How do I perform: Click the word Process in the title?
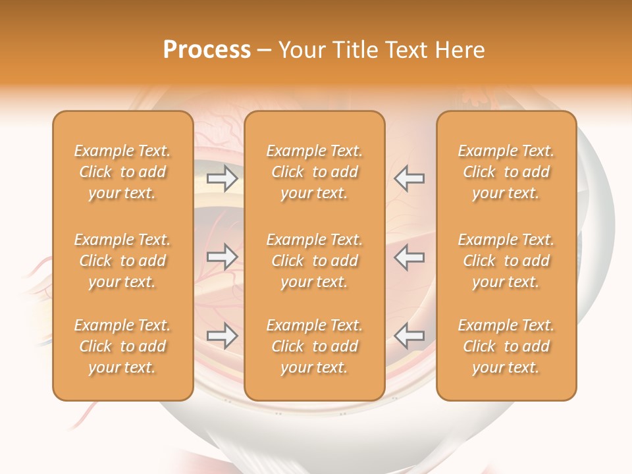point(207,50)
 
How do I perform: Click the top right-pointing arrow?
point(222,178)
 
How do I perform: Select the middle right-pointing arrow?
point(222,257)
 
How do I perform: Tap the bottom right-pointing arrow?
point(222,336)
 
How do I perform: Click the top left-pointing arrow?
point(409,178)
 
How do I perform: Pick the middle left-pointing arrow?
point(409,257)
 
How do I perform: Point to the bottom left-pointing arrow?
point(409,336)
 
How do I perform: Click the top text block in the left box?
point(122,172)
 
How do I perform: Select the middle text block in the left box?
point(122,261)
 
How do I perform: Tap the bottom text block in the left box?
point(122,346)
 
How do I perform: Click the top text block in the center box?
point(315,172)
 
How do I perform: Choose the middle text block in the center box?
point(315,261)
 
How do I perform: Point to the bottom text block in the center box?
point(315,346)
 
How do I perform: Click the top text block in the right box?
point(506,172)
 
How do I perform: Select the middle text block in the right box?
point(506,261)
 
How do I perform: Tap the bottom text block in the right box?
point(506,346)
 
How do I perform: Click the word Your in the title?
point(301,50)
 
